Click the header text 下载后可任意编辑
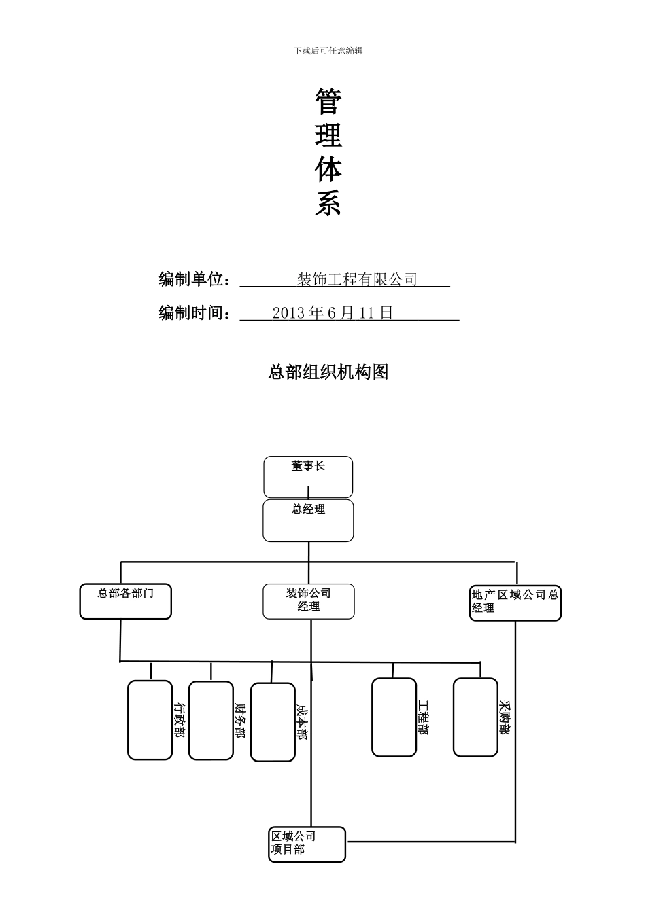328,50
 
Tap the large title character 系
328,203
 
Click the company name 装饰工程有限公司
357,279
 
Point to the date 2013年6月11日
333,312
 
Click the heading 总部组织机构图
328,372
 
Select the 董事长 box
308,476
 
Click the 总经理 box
308,520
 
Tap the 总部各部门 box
125,601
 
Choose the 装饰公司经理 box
308,601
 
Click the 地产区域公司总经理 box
515,603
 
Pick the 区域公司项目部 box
307,844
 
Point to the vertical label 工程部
423,717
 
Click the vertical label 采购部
504,717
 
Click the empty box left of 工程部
394,717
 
